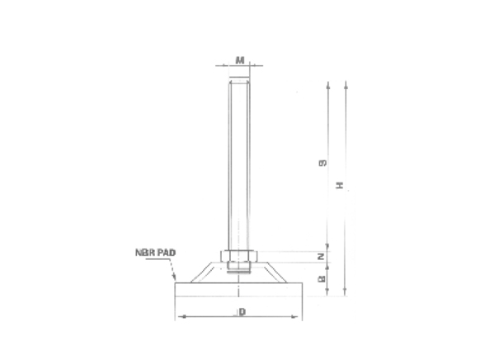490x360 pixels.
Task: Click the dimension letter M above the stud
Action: pyautogui.click(x=239, y=59)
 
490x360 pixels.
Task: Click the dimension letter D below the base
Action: pyautogui.click(x=241, y=312)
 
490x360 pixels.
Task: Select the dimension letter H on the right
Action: pyautogui.click(x=339, y=187)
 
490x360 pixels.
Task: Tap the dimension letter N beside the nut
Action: pyautogui.click(x=322, y=257)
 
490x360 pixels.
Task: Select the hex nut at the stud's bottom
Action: pyautogui.click(x=239, y=256)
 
